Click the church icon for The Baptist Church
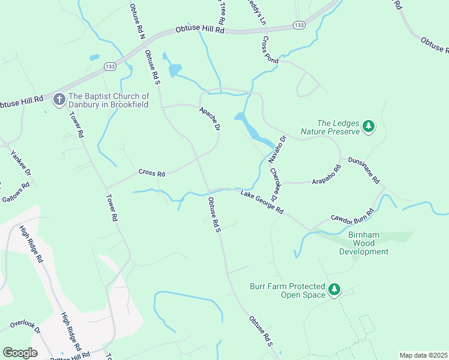(x=59, y=99)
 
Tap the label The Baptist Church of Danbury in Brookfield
(x=109, y=100)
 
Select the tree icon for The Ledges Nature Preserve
(x=369, y=127)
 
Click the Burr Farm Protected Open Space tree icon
(x=334, y=291)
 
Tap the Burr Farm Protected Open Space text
(x=288, y=290)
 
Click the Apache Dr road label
(x=209, y=119)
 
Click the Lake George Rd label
(x=262, y=202)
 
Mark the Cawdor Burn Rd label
(x=352, y=215)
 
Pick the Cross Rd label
(x=151, y=173)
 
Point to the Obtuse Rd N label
(x=137, y=21)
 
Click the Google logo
(x=20, y=353)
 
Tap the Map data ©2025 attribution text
(x=423, y=355)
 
